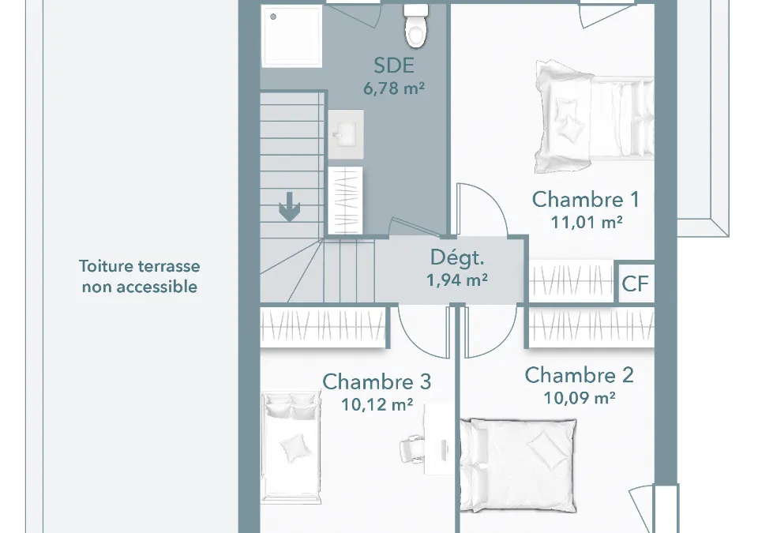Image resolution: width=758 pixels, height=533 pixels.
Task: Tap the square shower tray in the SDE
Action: pos(292,36)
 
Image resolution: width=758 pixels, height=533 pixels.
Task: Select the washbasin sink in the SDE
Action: pos(346,134)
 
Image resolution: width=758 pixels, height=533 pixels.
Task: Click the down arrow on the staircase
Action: pos(290,207)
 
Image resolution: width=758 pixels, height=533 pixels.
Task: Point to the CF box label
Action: pos(635,284)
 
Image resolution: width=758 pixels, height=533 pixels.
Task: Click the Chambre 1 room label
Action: pos(585,199)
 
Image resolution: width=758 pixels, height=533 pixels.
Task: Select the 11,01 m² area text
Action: pos(587,222)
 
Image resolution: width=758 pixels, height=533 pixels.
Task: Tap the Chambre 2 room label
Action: pos(579,375)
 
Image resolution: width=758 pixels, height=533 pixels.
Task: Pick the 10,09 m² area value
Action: pos(580,397)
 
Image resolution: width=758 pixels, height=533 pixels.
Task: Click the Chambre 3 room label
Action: pos(377,381)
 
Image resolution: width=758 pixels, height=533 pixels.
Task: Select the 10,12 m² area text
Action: pos(377,404)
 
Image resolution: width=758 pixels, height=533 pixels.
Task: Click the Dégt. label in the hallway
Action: pos(457,257)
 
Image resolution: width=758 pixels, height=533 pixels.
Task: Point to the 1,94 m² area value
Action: pos(457,280)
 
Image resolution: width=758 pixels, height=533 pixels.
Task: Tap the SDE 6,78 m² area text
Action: pos(394,88)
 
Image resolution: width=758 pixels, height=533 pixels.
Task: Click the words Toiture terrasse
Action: pos(140,266)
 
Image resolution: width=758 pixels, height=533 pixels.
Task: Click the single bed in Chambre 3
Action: pos(291,448)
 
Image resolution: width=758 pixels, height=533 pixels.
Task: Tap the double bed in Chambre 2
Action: pos(518,465)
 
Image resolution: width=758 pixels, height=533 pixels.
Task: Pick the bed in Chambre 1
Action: pos(594,117)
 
